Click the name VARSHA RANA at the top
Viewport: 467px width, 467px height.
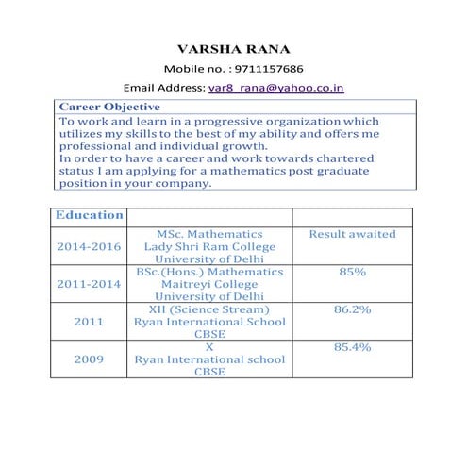pos(234,49)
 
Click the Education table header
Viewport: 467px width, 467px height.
pos(90,215)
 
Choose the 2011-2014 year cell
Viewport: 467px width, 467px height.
pos(90,283)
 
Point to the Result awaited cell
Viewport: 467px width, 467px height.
pos(353,234)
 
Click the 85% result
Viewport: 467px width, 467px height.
pos(353,272)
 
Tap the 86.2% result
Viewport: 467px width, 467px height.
pos(353,309)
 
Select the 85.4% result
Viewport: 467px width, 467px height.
pos(353,346)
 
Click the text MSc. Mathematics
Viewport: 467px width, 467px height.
pos(209,234)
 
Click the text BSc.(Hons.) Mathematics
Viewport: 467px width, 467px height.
pos(209,272)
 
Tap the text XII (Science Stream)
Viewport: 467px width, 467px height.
pos(209,309)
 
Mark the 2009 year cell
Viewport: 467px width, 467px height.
pos(90,359)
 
